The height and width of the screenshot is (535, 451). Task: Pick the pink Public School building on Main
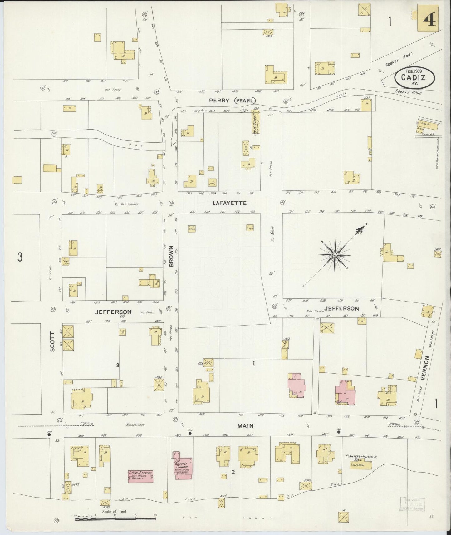[140, 476]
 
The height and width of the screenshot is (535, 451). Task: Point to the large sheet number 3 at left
[20, 258]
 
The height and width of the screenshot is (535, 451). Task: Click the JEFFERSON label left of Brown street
[113, 312]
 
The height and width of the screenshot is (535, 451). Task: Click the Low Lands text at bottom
[229, 518]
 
